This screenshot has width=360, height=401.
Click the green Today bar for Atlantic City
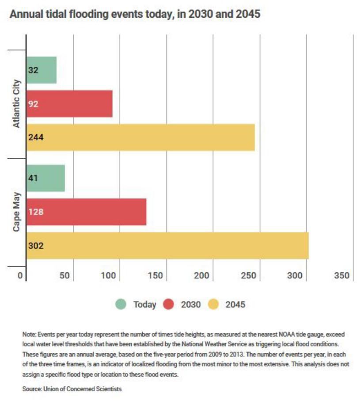click(42, 70)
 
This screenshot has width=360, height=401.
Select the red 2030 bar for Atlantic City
click(69, 104)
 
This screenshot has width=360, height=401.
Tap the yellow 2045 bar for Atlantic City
click(140, 137)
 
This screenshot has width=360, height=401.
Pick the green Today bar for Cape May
click(45, 178)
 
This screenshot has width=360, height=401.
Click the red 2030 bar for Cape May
click(86, 211)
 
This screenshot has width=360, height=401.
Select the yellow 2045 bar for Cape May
click(167, 245)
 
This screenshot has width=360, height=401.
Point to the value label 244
click(36, 137)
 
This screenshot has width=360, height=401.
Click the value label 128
click(36, 211)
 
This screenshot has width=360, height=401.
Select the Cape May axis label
click(16, 212)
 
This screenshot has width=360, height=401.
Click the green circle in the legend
click(121, 304)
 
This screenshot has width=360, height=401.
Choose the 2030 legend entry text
click(190, 304)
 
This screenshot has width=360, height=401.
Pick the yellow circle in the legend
click(213, 304)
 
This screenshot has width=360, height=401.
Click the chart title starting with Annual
click(135, 15)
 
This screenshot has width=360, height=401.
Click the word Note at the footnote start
click(29, 334)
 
